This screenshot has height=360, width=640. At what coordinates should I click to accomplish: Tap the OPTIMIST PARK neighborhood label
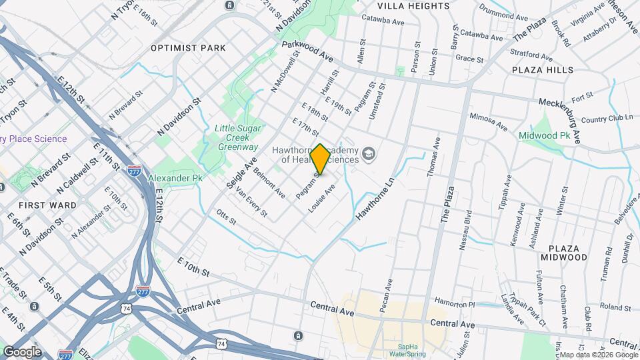188,48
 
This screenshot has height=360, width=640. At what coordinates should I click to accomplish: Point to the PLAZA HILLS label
543,70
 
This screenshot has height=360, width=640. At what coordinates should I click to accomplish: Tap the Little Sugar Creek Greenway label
236,137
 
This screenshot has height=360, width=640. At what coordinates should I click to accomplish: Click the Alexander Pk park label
175,179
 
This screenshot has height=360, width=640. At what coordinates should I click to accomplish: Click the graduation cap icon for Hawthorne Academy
367,155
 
